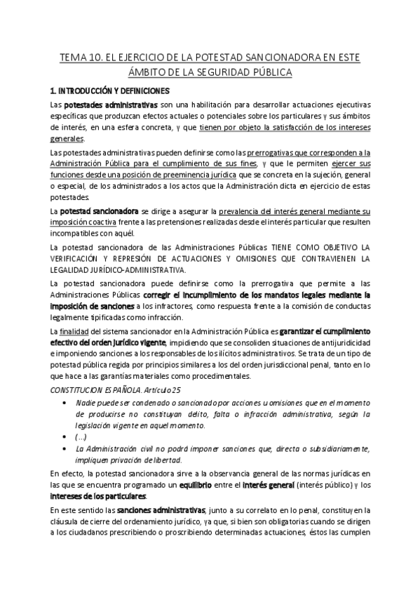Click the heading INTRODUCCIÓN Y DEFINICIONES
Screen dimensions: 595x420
pyautogui.click(x=109, y=91)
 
